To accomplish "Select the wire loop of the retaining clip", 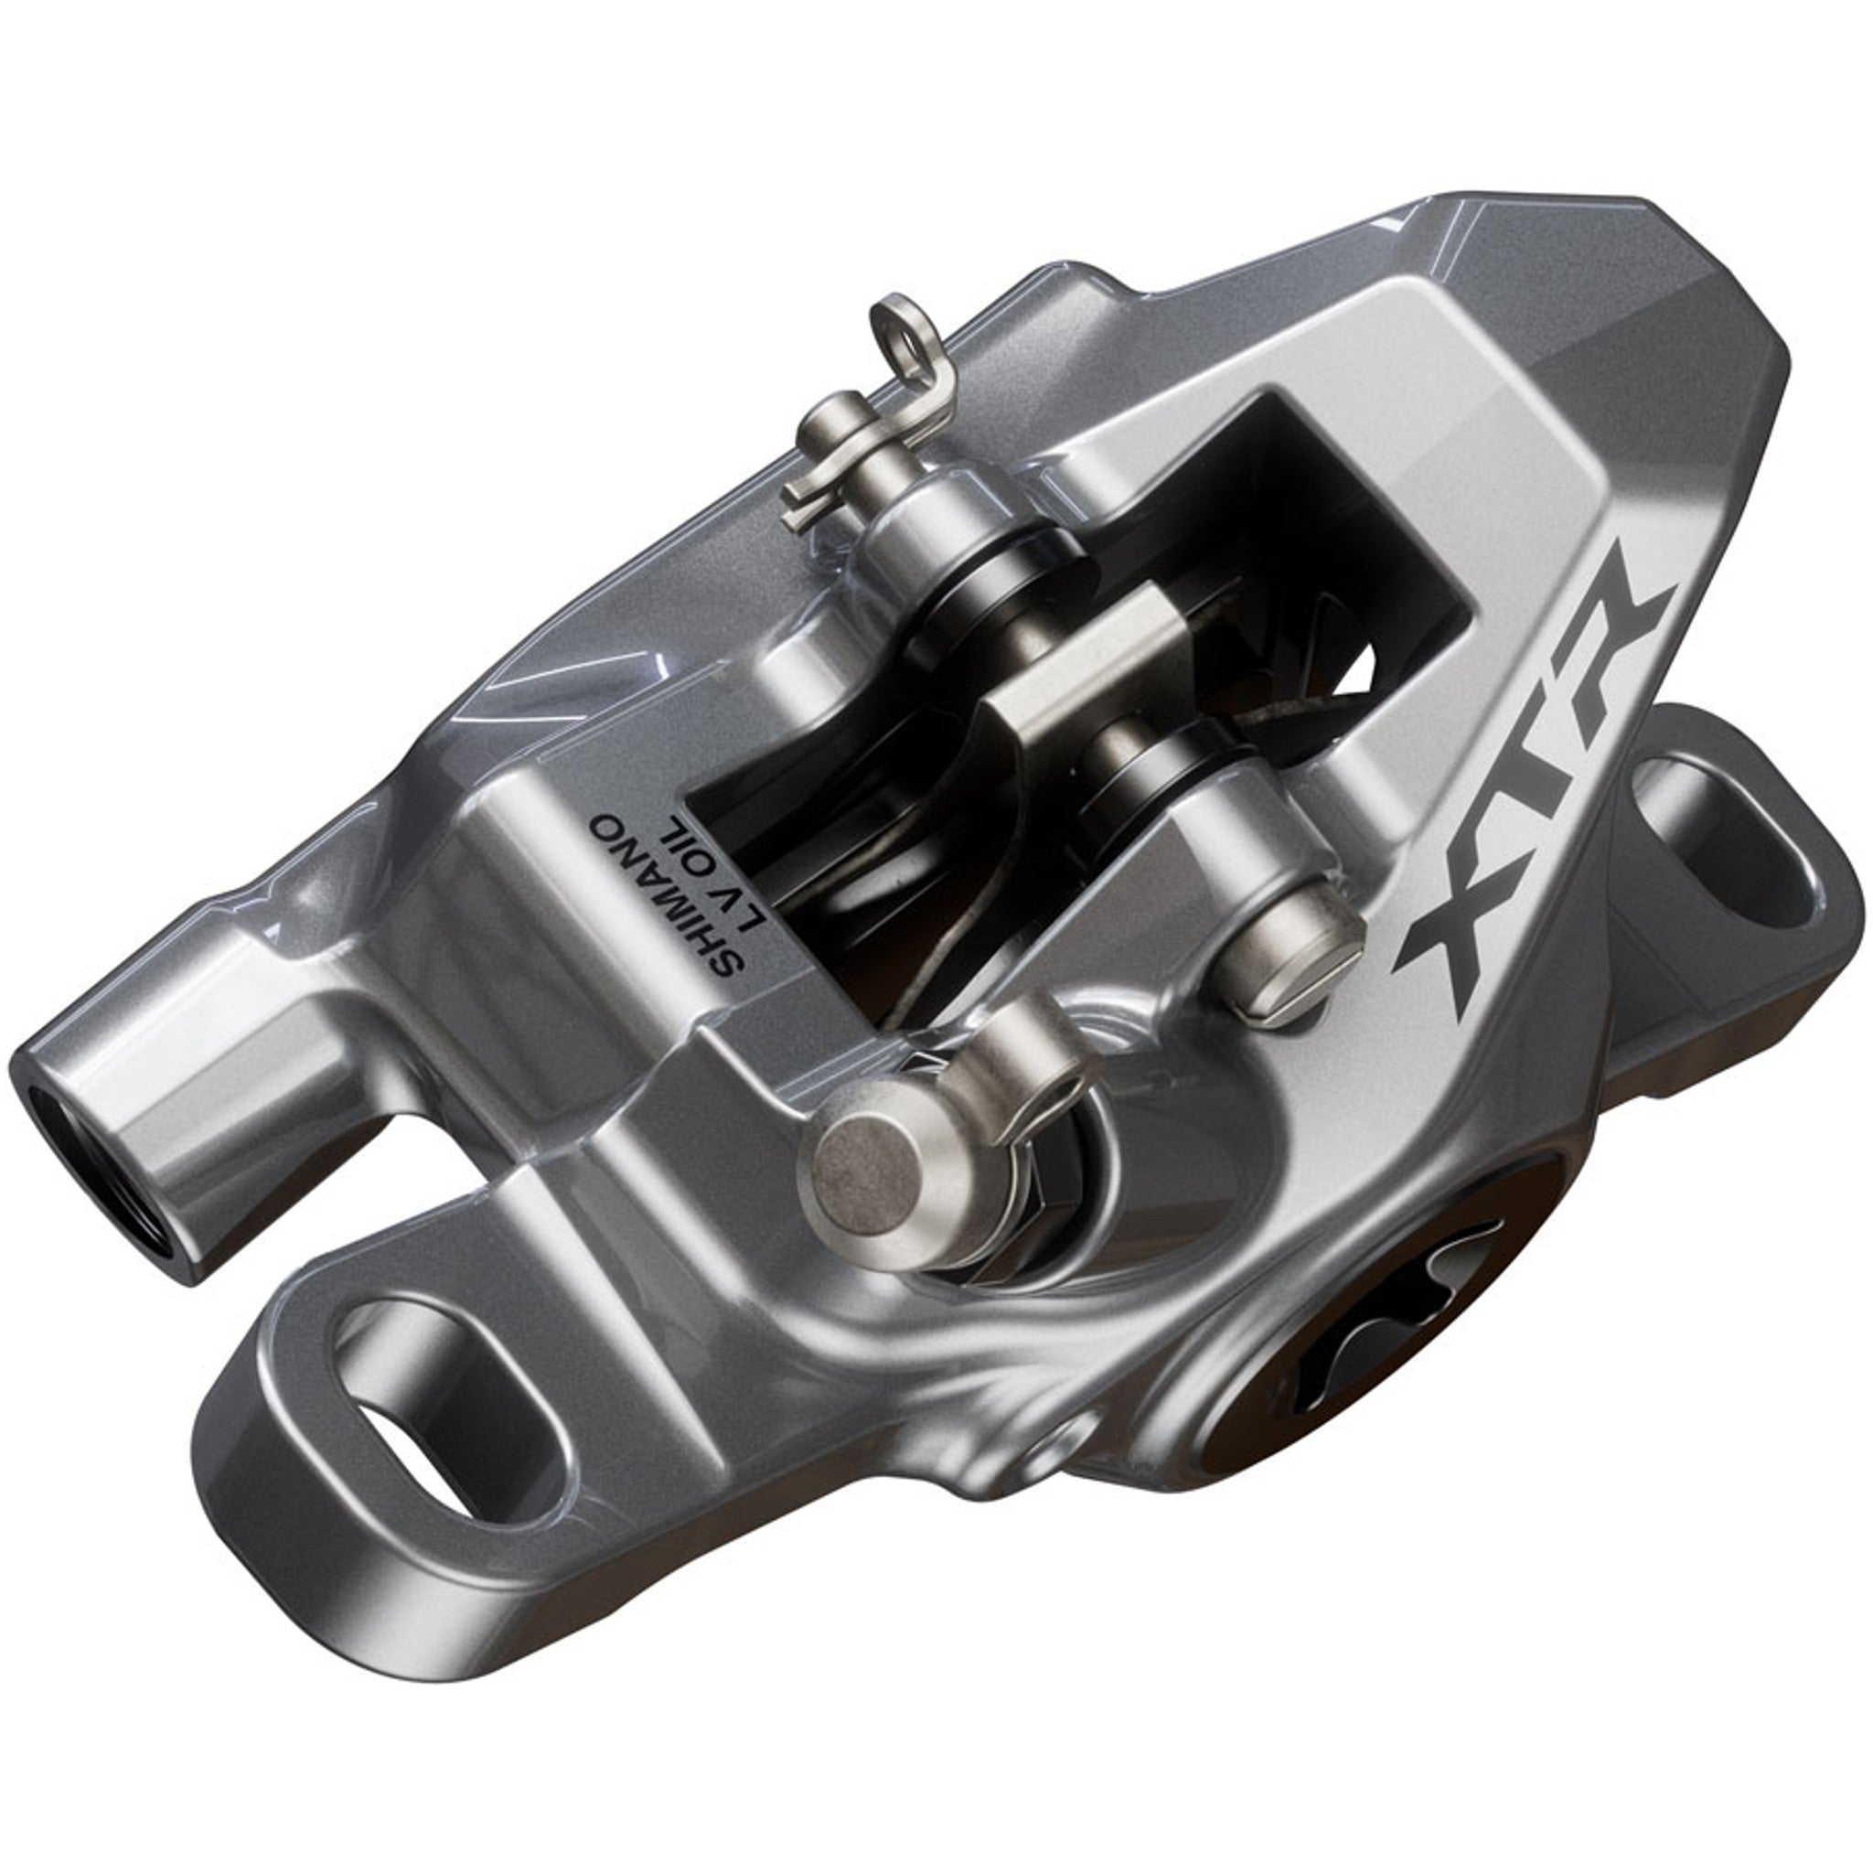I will coord(897,326).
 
